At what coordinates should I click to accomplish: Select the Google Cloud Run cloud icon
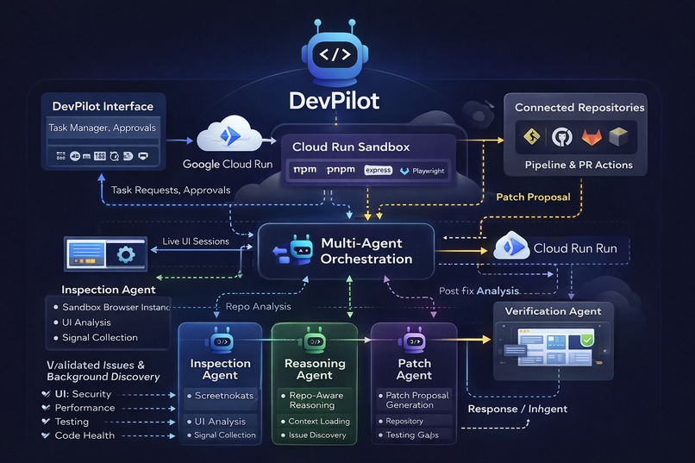227,137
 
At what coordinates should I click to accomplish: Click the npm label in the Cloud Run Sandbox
305,170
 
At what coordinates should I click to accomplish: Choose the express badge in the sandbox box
378,171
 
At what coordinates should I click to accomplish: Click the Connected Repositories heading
579,108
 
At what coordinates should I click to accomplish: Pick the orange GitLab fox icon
592,136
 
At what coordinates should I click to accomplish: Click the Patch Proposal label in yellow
533,197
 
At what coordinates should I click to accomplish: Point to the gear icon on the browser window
125,254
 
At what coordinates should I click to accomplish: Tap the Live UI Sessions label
196,241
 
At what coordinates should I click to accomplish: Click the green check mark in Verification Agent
586,342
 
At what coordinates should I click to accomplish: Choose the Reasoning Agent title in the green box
314,369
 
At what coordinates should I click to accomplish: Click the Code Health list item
85,435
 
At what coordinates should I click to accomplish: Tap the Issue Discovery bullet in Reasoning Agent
318,435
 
